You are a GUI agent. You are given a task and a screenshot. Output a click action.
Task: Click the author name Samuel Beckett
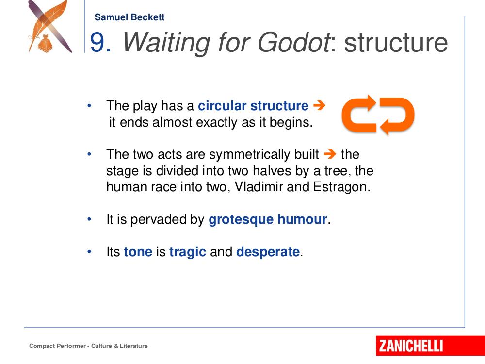tap(129, 17)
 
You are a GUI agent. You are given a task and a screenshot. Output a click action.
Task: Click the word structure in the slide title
tap(396, 43)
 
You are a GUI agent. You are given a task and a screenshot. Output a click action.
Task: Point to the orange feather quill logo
tap(50, 26)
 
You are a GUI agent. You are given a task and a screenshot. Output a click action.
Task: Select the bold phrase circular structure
tap(253, 106)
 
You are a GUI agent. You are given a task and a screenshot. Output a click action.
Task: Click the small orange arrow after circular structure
tap(319, 105)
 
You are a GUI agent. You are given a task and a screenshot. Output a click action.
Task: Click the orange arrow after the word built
tap(330, 154)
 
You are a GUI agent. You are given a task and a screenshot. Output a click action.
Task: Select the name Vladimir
tap(259, 187)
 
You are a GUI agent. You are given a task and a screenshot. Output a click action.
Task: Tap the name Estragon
tap(341, 187)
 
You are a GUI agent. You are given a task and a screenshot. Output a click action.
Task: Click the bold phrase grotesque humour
tap(268, 219)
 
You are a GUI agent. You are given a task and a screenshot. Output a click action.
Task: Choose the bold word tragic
tap(187, 252)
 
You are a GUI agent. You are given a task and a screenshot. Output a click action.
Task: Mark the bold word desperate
tap(268, 252)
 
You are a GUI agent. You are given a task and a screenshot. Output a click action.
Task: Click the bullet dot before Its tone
tap(89, 251)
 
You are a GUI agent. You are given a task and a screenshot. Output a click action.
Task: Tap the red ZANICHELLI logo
tap(430, 346)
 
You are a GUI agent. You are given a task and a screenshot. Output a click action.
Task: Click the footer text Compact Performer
tap(57, 346)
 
